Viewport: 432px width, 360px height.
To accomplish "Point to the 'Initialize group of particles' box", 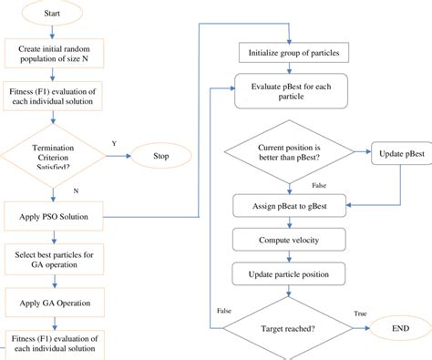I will point(287,51).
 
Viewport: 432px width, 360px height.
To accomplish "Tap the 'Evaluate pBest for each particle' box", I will point(289,87).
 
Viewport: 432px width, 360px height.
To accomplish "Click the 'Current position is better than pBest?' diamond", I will point(287,153).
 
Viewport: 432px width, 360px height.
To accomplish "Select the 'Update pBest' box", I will point(397,153).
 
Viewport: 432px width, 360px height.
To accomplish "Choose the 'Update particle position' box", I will point(288,273).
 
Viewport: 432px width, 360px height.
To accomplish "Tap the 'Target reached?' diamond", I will point(288,328).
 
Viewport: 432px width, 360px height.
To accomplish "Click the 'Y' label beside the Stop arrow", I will point(114,142).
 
